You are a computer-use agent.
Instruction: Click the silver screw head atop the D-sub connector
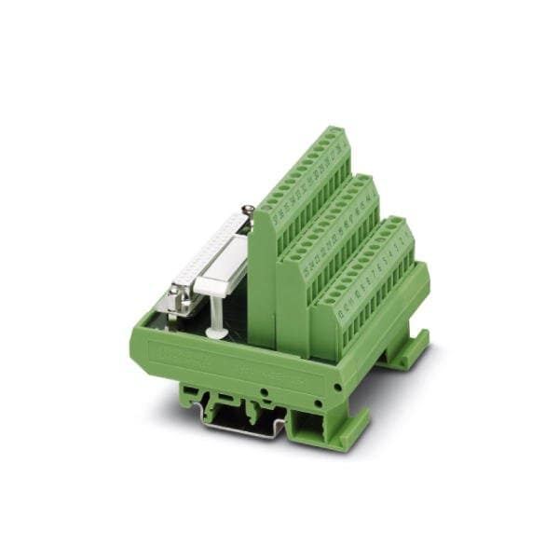coord(248,211)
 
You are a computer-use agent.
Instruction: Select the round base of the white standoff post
coord(216,333)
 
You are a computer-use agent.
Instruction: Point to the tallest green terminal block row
coord(307,186)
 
